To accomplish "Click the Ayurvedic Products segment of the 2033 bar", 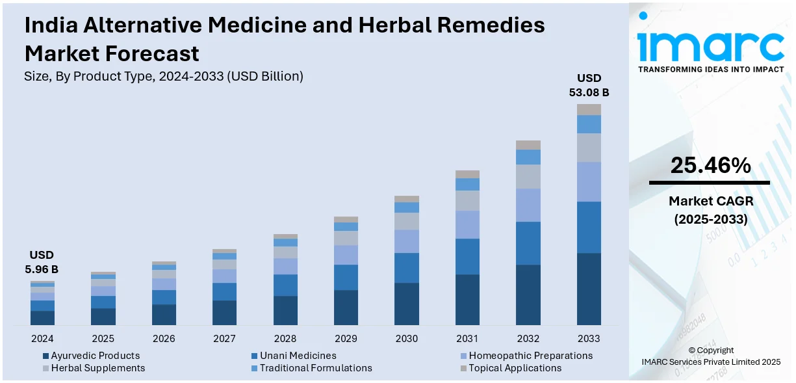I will tap(589, 289).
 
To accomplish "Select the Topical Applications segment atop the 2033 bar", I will tap(589, 109).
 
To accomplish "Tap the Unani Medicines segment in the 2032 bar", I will tap(528, 243).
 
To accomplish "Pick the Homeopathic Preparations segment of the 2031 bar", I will tap(467, 224).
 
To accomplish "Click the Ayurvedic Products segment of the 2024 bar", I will tap(42, 317).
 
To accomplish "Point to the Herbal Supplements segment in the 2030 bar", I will tap(407, 221).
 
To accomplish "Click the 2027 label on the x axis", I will tap(224, 339).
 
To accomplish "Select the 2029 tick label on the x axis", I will tap(346, 339).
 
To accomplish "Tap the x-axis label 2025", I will tap(103, 339).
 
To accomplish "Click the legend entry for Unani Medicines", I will tap(298, 356).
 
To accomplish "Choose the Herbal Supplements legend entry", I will tap(97, 368).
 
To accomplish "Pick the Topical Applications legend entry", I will tap(515, 368).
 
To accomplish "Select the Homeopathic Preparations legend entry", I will tap(530, 356).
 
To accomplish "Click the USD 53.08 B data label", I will tap(589, 85).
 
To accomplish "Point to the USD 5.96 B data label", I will tap(42, 261).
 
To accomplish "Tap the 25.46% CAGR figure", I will tap(710, 166).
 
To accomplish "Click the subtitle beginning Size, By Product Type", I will tap(164, 76).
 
